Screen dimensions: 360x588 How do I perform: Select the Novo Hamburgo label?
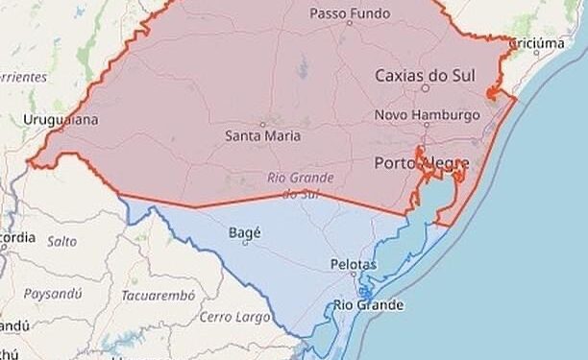[426, 114]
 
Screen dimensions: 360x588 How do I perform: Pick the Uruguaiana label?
[61, 120]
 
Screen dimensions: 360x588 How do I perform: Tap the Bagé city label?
[246, 231]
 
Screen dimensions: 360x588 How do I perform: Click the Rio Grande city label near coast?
[369, 305]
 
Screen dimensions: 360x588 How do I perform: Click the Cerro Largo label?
[231, 317]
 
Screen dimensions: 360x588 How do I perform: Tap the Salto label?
[62, 242]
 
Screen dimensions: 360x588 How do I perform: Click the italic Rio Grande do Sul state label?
[301, 185]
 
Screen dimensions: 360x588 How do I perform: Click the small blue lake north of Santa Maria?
[303, 67]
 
